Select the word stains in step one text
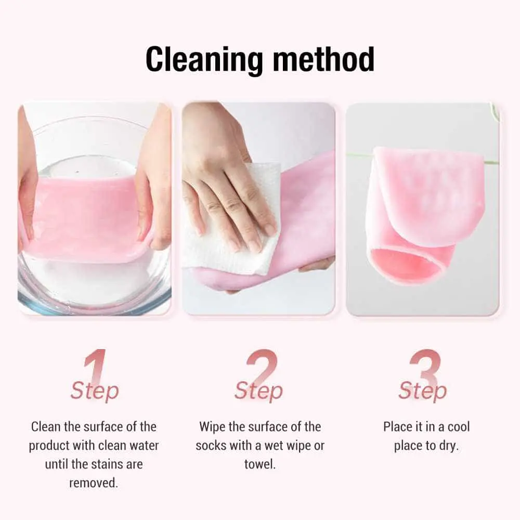point(106,464)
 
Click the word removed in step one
point(94,483)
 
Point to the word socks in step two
point(213,446)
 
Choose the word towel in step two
point(260,464)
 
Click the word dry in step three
point(448,446)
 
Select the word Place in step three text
point(397,427)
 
